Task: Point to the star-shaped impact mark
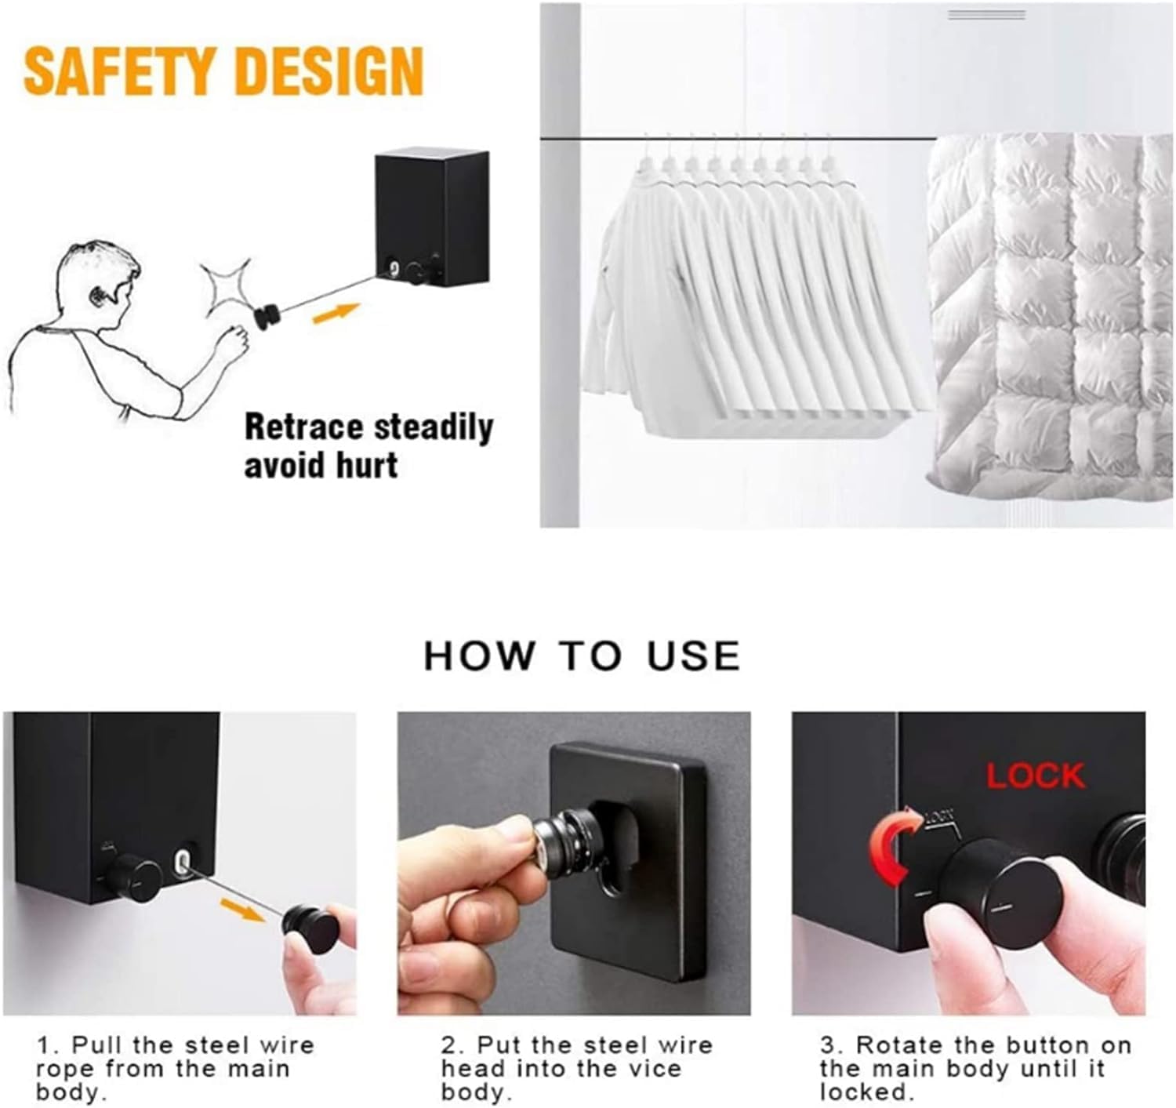coord(227,289)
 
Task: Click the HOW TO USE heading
coord(582,656)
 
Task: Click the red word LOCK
coord(1036,776)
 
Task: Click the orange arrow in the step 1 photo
coord(243,910)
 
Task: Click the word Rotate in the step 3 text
coord(899,1045)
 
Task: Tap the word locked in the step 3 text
coord(863,1092)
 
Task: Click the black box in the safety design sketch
coord(433,216)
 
